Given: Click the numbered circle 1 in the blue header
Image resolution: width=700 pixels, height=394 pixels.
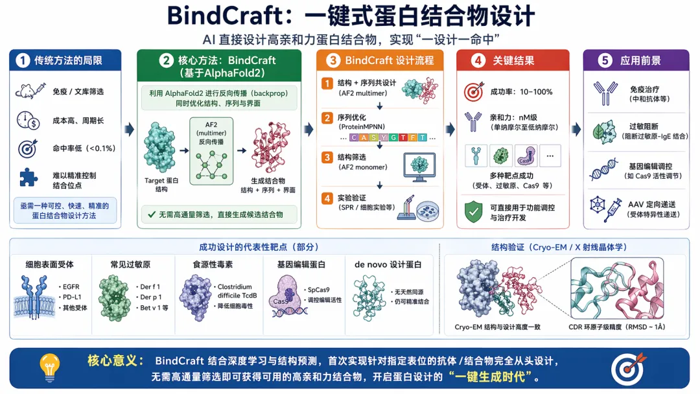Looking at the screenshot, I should (23, 61).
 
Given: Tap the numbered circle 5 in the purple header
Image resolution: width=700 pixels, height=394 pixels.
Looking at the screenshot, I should (605, 61).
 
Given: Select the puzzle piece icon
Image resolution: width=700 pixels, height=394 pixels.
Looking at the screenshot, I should (28, 177).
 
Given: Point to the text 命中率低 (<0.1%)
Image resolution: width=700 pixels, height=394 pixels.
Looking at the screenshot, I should (83, 148).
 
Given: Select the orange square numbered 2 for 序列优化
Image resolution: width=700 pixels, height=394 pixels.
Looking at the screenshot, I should (329, 118).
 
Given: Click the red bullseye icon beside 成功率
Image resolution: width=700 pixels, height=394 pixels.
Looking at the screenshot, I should (473, 91).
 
